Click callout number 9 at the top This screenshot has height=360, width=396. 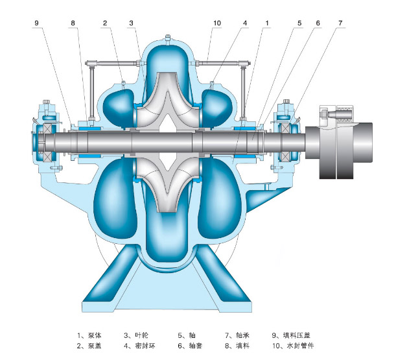coord(37,23)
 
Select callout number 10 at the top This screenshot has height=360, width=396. coord(217,23)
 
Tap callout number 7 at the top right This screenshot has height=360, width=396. coord(340,23)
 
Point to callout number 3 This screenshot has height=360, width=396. coord(131,23)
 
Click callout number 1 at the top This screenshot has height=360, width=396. coord(267,23)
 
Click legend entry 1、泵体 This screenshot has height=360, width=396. coord(89,335)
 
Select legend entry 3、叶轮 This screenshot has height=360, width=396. coord(136,335)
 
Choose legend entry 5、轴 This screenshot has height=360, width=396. coord(187,335)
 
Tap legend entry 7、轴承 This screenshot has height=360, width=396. coord(237,335)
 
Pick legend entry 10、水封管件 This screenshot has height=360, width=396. coord(293,345)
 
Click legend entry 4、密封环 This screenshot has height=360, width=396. coord(139,345)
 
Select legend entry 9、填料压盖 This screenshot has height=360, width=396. coord(291,335)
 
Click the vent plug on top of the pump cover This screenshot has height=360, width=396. coord(167,40)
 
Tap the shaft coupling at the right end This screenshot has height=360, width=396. coord(339,142)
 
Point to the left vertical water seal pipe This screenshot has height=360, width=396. coord(91,93)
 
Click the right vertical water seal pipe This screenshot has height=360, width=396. coord(243,93)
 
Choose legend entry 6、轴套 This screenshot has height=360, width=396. coord(190,345)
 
